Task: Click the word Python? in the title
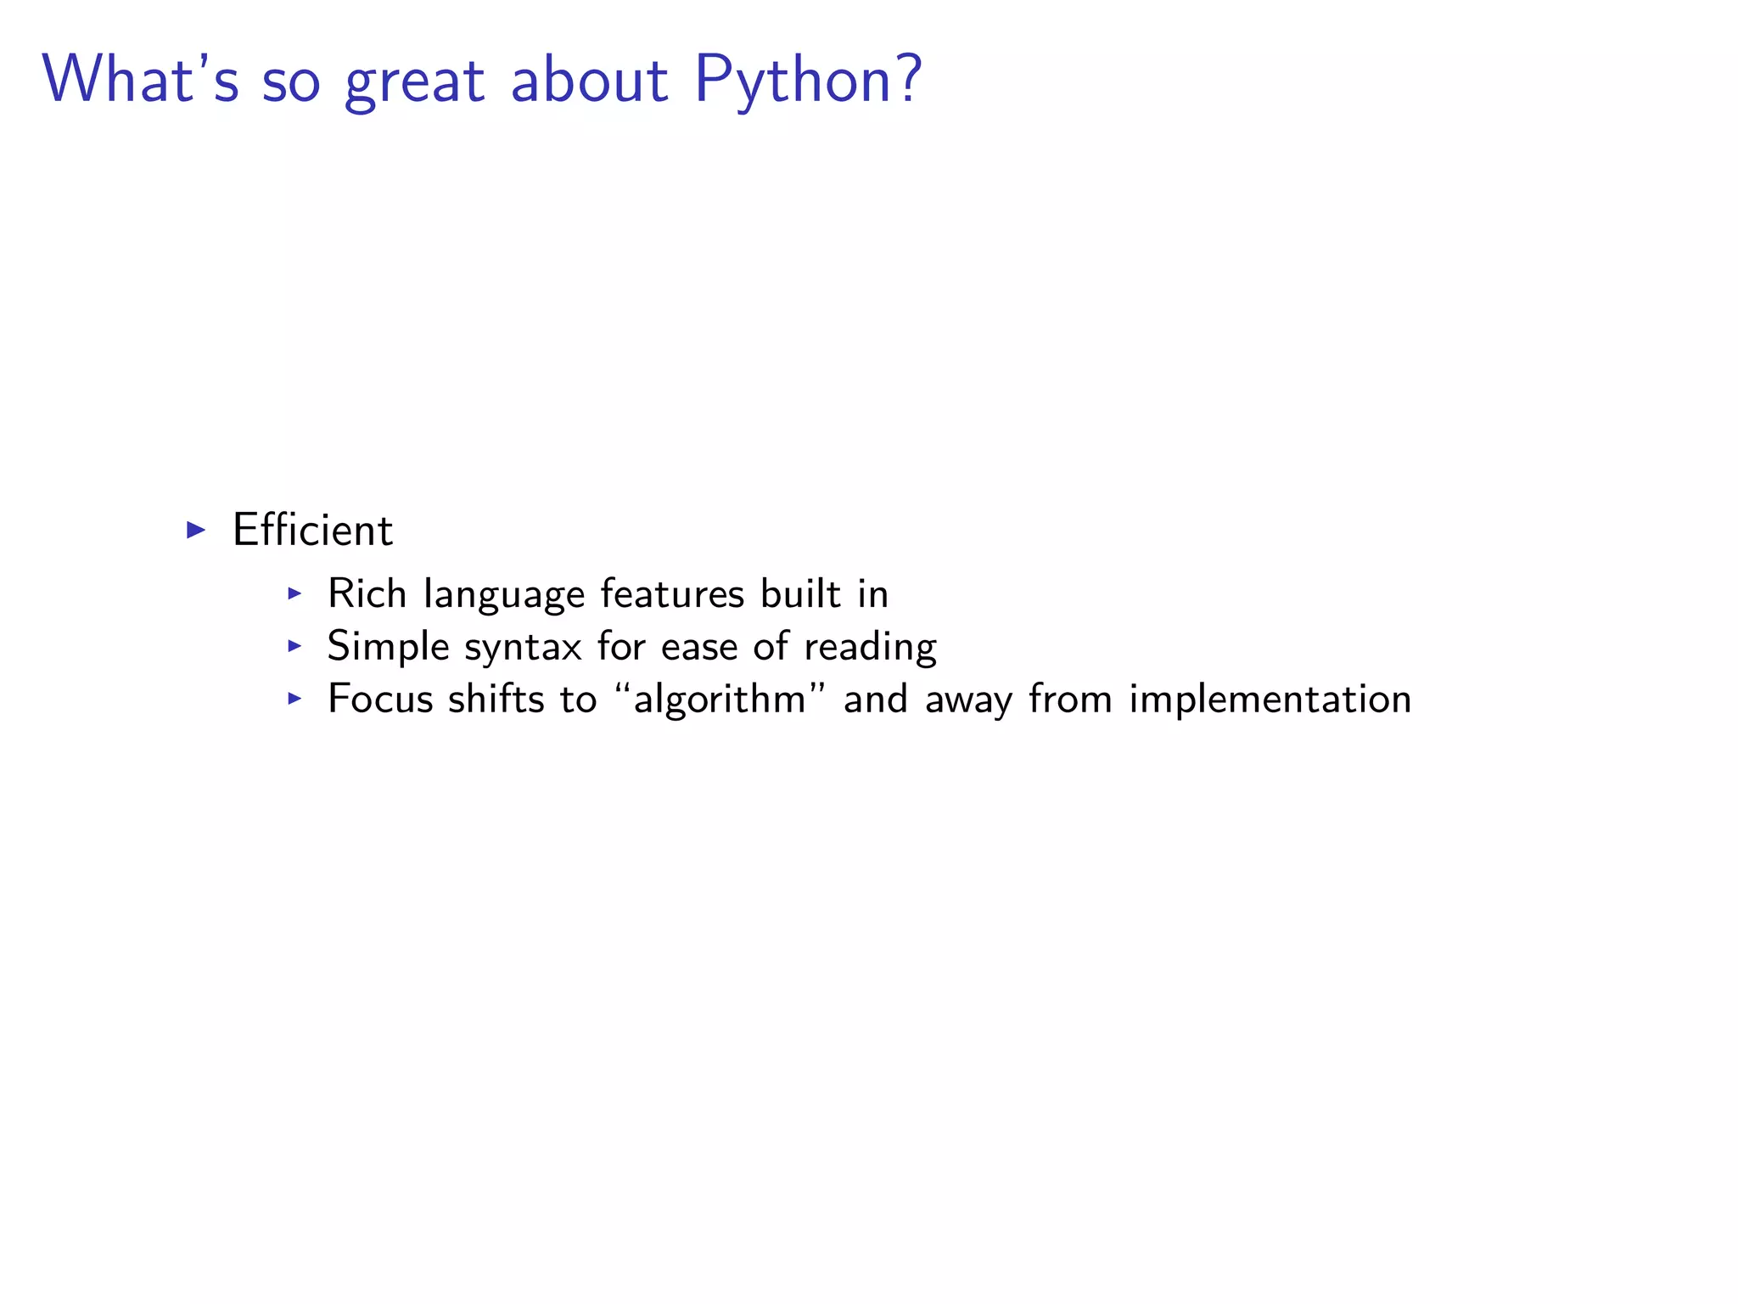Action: coord(807,81)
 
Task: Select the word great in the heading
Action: coord(414,81)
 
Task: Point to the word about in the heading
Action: coord(589,80)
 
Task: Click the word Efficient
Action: coord(312,531)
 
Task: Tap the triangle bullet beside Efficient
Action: coord(196,531)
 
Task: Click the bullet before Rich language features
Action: coord(294,593)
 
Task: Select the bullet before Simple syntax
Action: coord(294,646)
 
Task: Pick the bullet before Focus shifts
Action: coord(294,699)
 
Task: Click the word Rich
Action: coord(367,593)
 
